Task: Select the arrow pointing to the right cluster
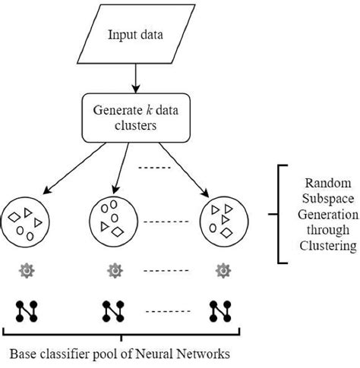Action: pos(183,169)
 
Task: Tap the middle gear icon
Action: pos(114,270)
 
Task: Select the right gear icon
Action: pos(222,270)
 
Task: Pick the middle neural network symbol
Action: pos(114,310)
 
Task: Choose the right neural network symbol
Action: pos(221,310)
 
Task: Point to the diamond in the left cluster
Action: pos(14,218)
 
